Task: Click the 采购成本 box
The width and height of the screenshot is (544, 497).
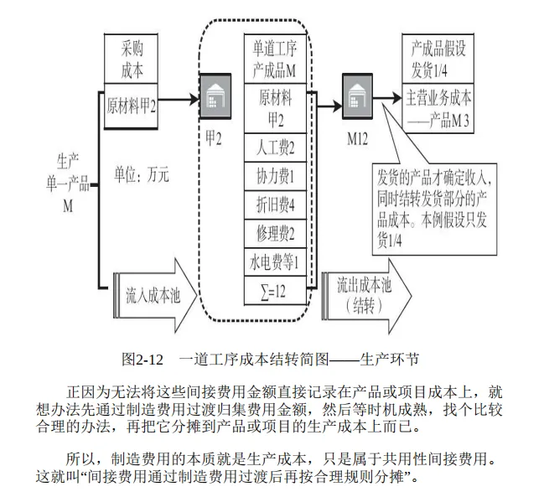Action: (x=131, y=59)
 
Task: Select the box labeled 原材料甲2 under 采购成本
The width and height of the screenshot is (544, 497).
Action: (x=131, y=106)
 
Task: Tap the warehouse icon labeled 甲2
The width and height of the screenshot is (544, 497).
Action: (x=215, y=96)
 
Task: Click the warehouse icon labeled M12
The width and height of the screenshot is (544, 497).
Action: (x=358, y=96)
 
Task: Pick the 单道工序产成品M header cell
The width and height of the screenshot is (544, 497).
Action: (x=275, y=59)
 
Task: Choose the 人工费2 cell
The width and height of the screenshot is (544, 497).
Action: (x=275, y=148)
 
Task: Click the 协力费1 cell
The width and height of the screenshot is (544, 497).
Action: (x=275, y=176)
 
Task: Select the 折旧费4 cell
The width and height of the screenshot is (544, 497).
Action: (x=275, y=204)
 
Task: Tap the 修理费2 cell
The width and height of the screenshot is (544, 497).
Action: (x=275, y=233)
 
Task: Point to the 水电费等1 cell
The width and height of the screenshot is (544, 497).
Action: (x=275, y=261)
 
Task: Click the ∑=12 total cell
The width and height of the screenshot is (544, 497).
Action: (x=275, y=291)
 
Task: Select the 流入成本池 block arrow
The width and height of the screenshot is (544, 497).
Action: (x=155, y=296)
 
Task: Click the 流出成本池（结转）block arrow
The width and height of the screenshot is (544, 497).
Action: (x=366, y=296)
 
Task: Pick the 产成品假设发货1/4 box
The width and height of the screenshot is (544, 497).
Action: (x=438, y=59)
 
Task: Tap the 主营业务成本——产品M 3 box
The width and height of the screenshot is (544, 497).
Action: (x=438, y=108)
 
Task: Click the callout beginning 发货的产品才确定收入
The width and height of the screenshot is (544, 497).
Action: (x=434, y=210)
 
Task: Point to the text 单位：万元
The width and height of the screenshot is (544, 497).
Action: (x=142, y=174)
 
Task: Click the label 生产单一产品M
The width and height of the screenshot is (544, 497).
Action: (x=68, y=183)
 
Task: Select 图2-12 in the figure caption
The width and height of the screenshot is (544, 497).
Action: (x=142, y=360)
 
